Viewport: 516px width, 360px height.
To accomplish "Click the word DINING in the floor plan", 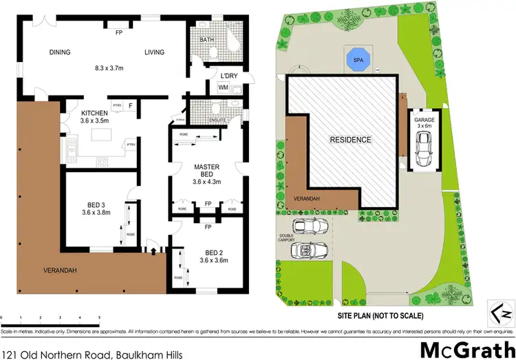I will pyautogui.click(x=61, y=52).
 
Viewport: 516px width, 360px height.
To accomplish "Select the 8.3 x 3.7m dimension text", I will pyautogui.click(x=108, y=68).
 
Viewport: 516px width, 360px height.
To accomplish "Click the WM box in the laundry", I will pyautogui.click(x=223, y=87).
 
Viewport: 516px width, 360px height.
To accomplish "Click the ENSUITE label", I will pyautogui.click(x=217, y=120).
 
